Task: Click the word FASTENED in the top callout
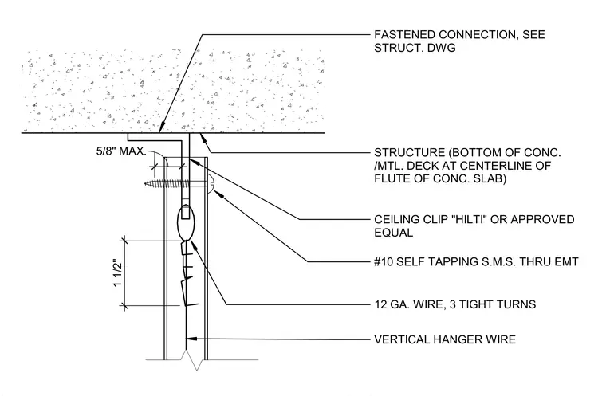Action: (404, 35)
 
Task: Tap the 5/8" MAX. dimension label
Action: (121, 151)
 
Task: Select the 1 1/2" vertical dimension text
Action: (117, 273)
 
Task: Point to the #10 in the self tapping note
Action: (384, 262)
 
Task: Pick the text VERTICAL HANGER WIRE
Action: (445, 339)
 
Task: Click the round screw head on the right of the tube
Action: (211, 183)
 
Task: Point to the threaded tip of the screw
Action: (147, 183)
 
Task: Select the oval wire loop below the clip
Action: (186, 223)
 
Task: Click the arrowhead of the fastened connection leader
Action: (162, 127)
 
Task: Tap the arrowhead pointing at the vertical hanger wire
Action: (191, 339)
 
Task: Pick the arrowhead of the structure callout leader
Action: (203, 138)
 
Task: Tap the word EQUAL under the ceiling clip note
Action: (393, 233)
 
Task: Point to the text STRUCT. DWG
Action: (415, 48)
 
